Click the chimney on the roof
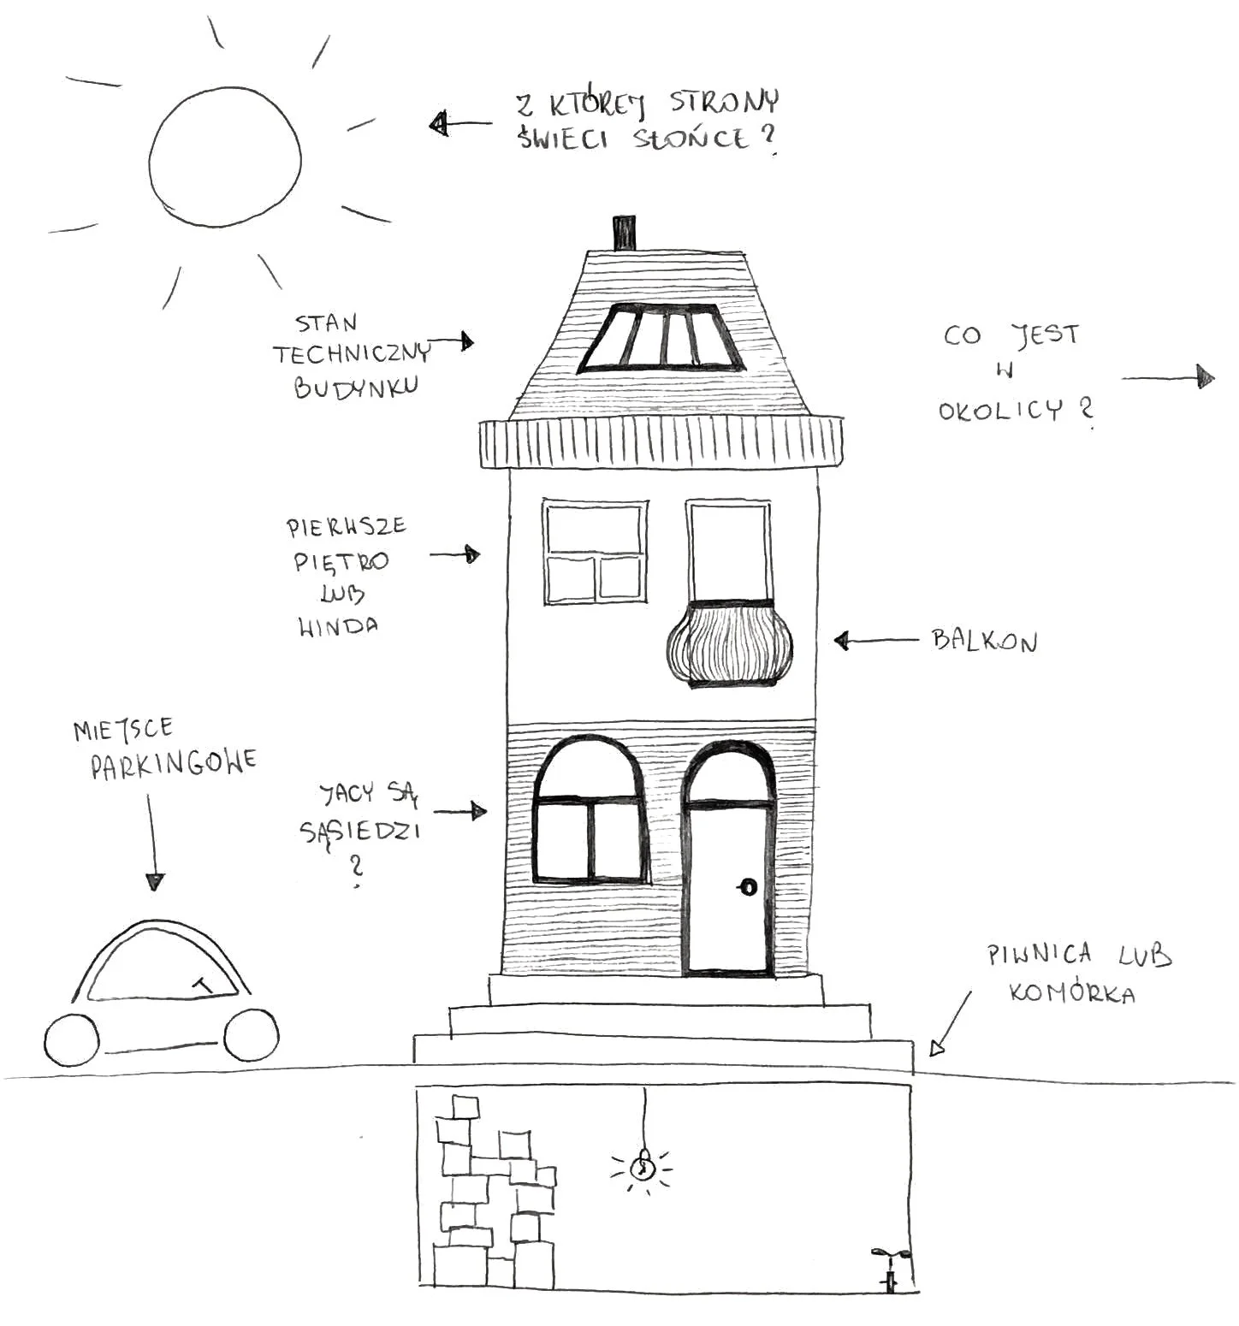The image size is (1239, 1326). coord(625,234)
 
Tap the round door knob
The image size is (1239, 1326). coord(748,887)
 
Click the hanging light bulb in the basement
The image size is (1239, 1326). coord(642,1165)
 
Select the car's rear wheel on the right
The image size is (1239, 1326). coord(251,1035)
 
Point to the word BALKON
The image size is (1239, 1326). coord(984,641)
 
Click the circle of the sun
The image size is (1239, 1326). coord(225,156)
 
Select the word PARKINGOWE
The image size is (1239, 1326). coord(174,763)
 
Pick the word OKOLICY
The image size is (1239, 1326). coord(1000,411)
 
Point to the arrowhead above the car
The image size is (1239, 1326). coord(154,881)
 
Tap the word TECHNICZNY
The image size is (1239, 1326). coord(352,353)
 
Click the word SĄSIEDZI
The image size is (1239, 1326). coord(360,832)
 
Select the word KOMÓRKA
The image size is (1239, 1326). coord(1071,993)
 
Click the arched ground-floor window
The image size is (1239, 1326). coord(589,810)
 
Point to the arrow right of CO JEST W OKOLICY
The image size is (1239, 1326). coord(1168,377)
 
